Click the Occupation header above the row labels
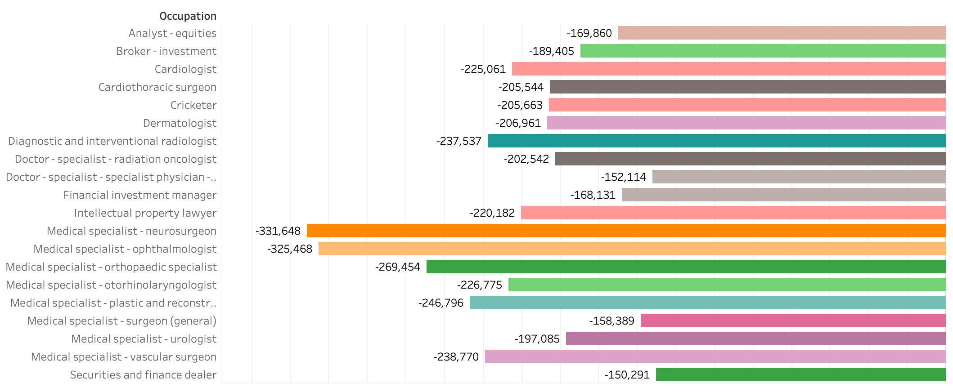pyautogui.click(x=188, y=16)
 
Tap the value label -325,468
pyautogui.click(x=289, y=249)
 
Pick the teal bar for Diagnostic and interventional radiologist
pyautogui.click(x=716, y=141)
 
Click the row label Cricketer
pyautogui.click(x=193, y=105)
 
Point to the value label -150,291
pyautogui.click(x=627, y=375)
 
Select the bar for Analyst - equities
pyautogui.click(x=782, y=33)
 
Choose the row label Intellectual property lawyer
pyautogui.click(x=145, y=213)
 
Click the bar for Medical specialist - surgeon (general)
pyautogui.click(x=793, y=321)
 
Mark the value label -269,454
pyautogui.click(x=397, y=267)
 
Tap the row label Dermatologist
pyautogui.click(x=180, y=123)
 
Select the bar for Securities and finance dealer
pyautogui.click(x=800, y=374)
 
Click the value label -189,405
pyautogui.click(x=551, y=51)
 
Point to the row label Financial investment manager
pyautogui.click(x=139, y=195)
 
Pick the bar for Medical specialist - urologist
pyautogui.click(x=755, y=339)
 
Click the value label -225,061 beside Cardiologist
pyautogui.click(x=483, y=69)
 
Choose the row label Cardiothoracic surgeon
pyautogui.click(x=157, y=87)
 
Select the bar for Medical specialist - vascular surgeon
pyautogui.click(x=715, y=356)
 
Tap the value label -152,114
pyautogui.click(x=623, y=177)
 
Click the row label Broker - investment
pyautogui.click(x=166, y=51)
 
